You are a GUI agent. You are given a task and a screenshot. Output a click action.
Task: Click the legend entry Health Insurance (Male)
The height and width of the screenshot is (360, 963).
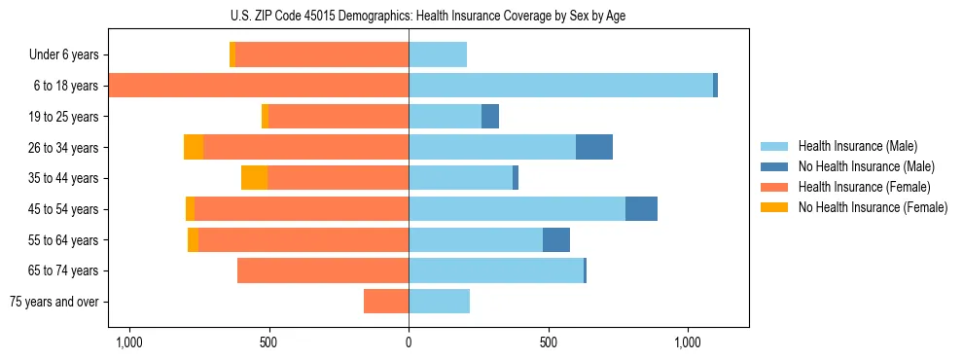point(857,146)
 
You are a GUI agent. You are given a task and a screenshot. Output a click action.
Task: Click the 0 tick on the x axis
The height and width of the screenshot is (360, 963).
point(409,342)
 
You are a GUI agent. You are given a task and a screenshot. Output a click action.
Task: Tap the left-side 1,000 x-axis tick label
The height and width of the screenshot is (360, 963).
point(129,342)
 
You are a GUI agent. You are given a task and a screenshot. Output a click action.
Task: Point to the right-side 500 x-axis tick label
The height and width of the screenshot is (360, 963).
point(549,342)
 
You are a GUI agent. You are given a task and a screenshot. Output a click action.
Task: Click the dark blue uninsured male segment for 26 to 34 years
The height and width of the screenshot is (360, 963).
point(594,147)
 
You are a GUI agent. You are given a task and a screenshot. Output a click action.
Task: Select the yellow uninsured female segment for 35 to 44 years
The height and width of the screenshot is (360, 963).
point(254,178)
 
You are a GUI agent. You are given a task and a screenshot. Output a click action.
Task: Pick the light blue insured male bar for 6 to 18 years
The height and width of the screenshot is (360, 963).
point(560,86)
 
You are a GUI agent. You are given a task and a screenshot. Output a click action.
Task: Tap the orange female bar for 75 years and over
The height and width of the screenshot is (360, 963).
point(386,302)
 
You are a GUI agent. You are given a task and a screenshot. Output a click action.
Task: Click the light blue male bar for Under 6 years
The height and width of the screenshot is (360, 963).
point(438,54)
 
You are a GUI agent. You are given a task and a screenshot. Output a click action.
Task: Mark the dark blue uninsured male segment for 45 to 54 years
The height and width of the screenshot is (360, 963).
point(641,209)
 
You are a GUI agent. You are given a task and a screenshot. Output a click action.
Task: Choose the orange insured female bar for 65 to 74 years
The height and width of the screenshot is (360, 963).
point(323,270)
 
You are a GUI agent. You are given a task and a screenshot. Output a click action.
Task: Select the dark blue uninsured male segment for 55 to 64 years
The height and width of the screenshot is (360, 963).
point(556,239)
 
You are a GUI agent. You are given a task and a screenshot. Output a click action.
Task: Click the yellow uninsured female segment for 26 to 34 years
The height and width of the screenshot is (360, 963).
point(194,147)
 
